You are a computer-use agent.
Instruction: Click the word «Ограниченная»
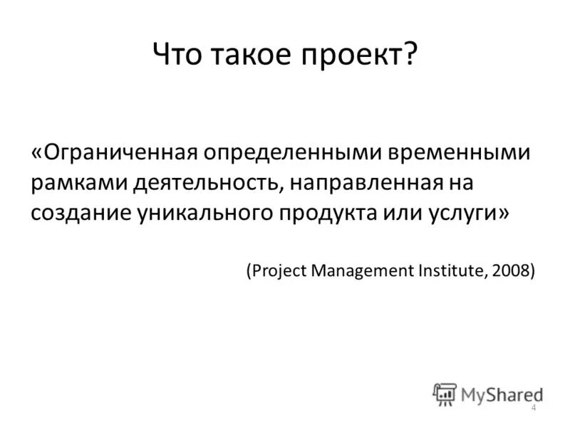tap(122, 154)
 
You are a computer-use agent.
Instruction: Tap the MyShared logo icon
tap(445, 394)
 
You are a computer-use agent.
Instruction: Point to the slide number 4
tap(533, 406)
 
